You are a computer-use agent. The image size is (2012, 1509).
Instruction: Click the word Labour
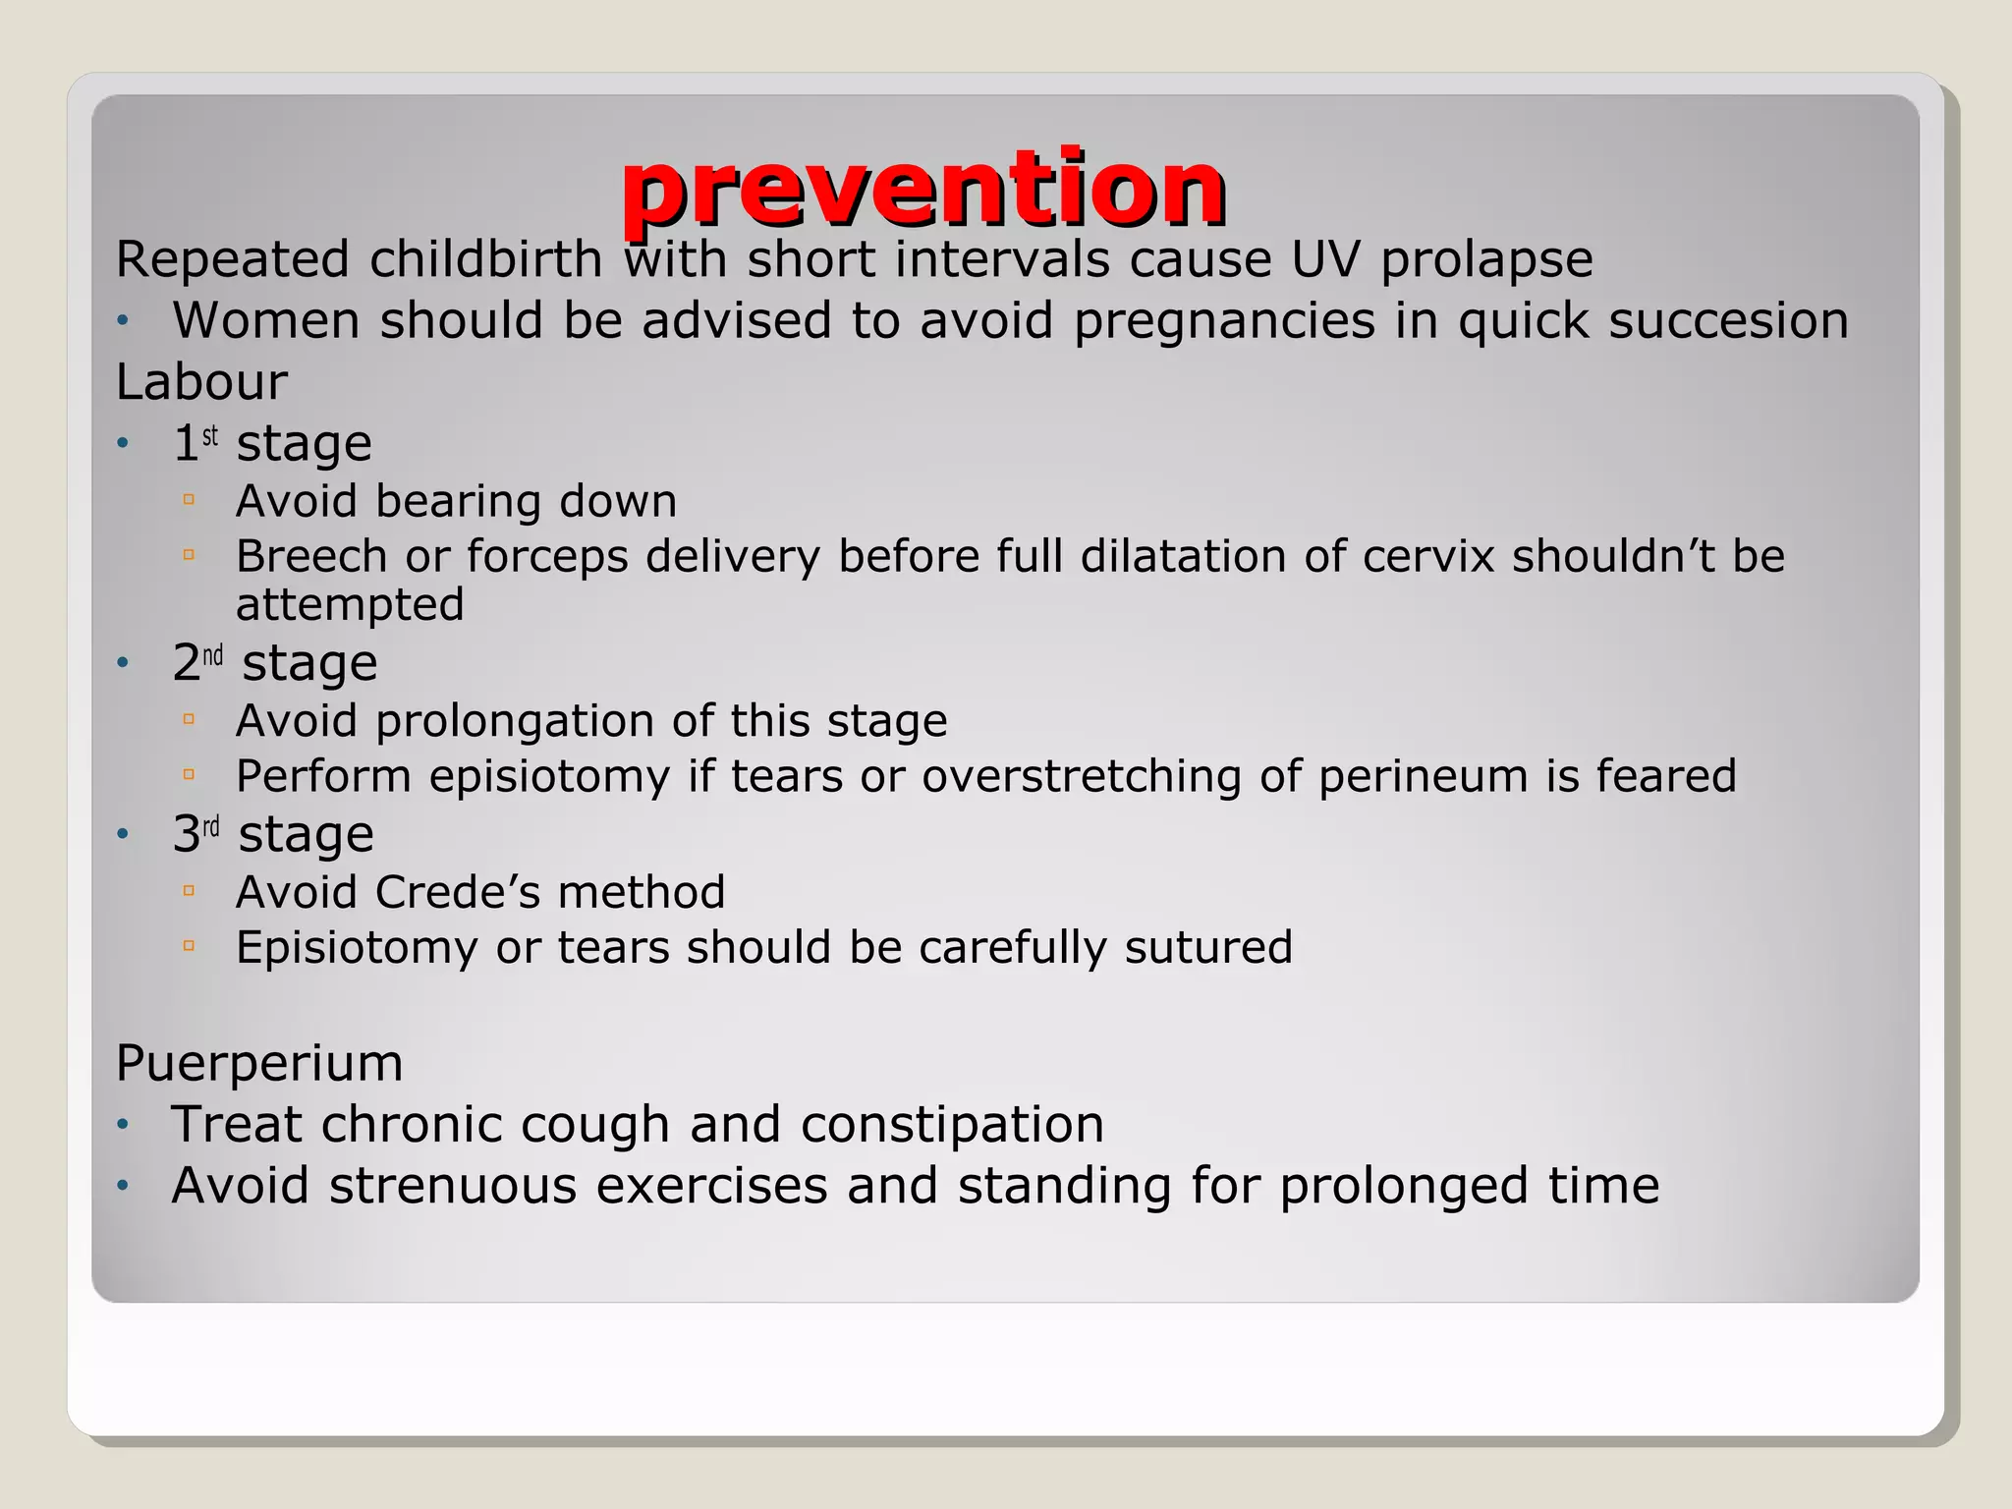tap(201, 381)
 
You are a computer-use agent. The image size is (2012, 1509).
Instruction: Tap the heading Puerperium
tap(259, 1063)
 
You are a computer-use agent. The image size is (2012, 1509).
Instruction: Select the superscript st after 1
tap(210, 435)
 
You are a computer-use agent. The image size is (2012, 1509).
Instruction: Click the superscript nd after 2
tap(213, 655)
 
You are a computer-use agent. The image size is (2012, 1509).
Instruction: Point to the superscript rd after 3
tap(211, 827)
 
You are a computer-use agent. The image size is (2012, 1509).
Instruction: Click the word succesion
tap(1728, 320)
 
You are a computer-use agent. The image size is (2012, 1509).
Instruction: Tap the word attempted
tap(350, 604)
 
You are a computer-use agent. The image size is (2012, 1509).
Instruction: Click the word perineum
tap(1423, 776)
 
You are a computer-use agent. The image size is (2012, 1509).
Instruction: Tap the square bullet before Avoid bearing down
tap(190, 500)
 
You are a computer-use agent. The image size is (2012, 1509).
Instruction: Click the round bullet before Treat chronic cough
tap(123, 1124)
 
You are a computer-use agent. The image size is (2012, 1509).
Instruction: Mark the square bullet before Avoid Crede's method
tap(190, 891)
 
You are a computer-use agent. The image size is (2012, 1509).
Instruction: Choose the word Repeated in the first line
tap(233, 259)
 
